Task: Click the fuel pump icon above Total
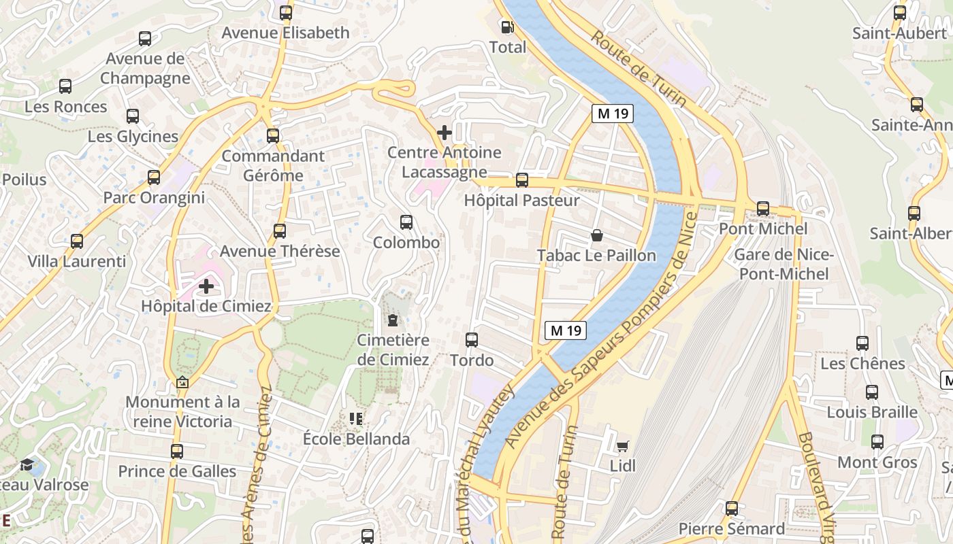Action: [507, 27]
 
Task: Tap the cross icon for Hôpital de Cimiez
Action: [206, 286]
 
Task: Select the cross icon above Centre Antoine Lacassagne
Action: [445, 132]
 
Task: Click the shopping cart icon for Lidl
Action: [622, 446]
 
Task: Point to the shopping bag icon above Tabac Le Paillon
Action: [597, 235]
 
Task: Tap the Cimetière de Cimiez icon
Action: [393, 320]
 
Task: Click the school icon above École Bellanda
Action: [356, 419]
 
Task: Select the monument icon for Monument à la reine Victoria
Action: [182, 382]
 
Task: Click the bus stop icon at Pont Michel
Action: [763, 209]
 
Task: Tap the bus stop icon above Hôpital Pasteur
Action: [522, 180]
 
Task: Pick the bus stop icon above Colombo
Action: [406, 222]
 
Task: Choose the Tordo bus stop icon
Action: [472, 340]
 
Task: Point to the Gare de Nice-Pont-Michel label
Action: [784, 265]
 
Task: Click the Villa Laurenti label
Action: [77, 261]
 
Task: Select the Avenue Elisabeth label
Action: [285, 33]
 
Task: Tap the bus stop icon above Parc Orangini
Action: [154, 177]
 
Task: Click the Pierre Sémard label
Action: [732, 528]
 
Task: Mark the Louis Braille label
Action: [872, 412]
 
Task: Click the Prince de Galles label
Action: [177, 471]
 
